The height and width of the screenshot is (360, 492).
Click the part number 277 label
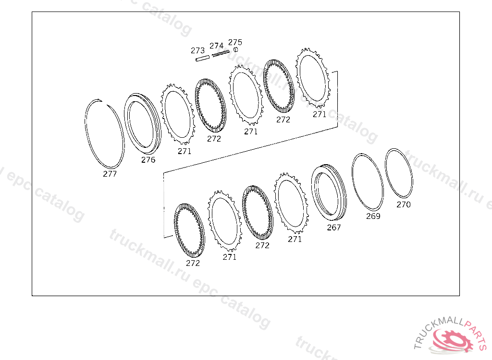pyautogui.click(x=110, y=174)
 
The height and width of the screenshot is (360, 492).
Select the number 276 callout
pyautogui.click(x=148, y=160)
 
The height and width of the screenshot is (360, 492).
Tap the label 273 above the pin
pyautogui.click(x=197, y=50)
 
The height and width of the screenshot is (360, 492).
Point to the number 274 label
pyautogui.click(x=217, y=46)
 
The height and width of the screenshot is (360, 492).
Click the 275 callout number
pyautogui.click(x=235, y=42)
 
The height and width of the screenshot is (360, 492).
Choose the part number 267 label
pyautogui.click(x=334, y=228)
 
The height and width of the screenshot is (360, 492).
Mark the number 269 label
pyautogui.click(x=373, y=216)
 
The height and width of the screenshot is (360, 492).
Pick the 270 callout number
pyautogui.click(x=404, y=204)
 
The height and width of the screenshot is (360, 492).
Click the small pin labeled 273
pyautogui.click(x=202, y=58)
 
